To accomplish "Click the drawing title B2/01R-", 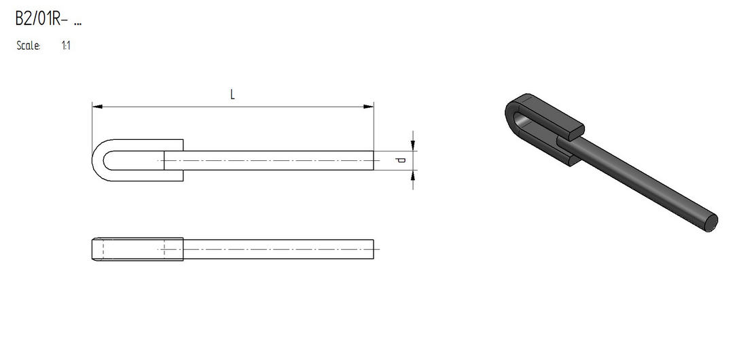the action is pos(41,18).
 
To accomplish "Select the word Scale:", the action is pos(29,46).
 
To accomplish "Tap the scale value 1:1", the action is pos(66,46).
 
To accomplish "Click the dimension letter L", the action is pos(232,94).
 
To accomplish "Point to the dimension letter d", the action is pos(401,160).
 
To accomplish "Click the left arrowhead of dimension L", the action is pos(97,107).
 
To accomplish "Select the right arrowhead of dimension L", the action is pos(369,107).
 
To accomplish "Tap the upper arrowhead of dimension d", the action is pos(413,145).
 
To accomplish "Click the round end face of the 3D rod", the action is pos(711,222).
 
